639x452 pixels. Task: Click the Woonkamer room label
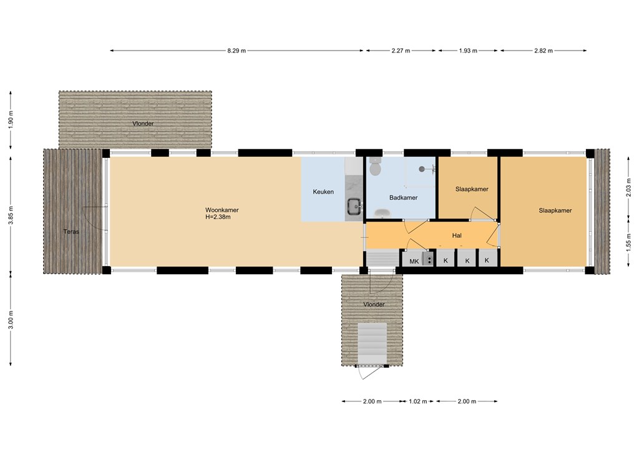(x=222, y=210)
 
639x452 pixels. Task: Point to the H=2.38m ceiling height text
(x=218, y=217)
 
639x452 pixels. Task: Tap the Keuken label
(x=323, y=192)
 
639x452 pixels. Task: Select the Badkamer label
(x=404, y=198)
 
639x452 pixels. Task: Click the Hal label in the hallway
(x=457, y=235)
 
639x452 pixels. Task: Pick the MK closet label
(x=414, y=261)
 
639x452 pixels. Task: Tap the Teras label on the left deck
(x=71, y=232)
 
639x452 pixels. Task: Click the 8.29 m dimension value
(x=237, y=51)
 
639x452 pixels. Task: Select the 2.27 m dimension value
(x=401, y=51)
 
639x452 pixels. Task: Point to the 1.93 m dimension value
(x=468, y=51)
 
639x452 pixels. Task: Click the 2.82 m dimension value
(x=544, y=51)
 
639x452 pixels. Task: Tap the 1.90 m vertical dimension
(x=11, y=119)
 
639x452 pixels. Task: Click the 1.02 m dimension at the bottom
(x=418, y=401)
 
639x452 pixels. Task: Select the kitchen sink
(x=355, y=206)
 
